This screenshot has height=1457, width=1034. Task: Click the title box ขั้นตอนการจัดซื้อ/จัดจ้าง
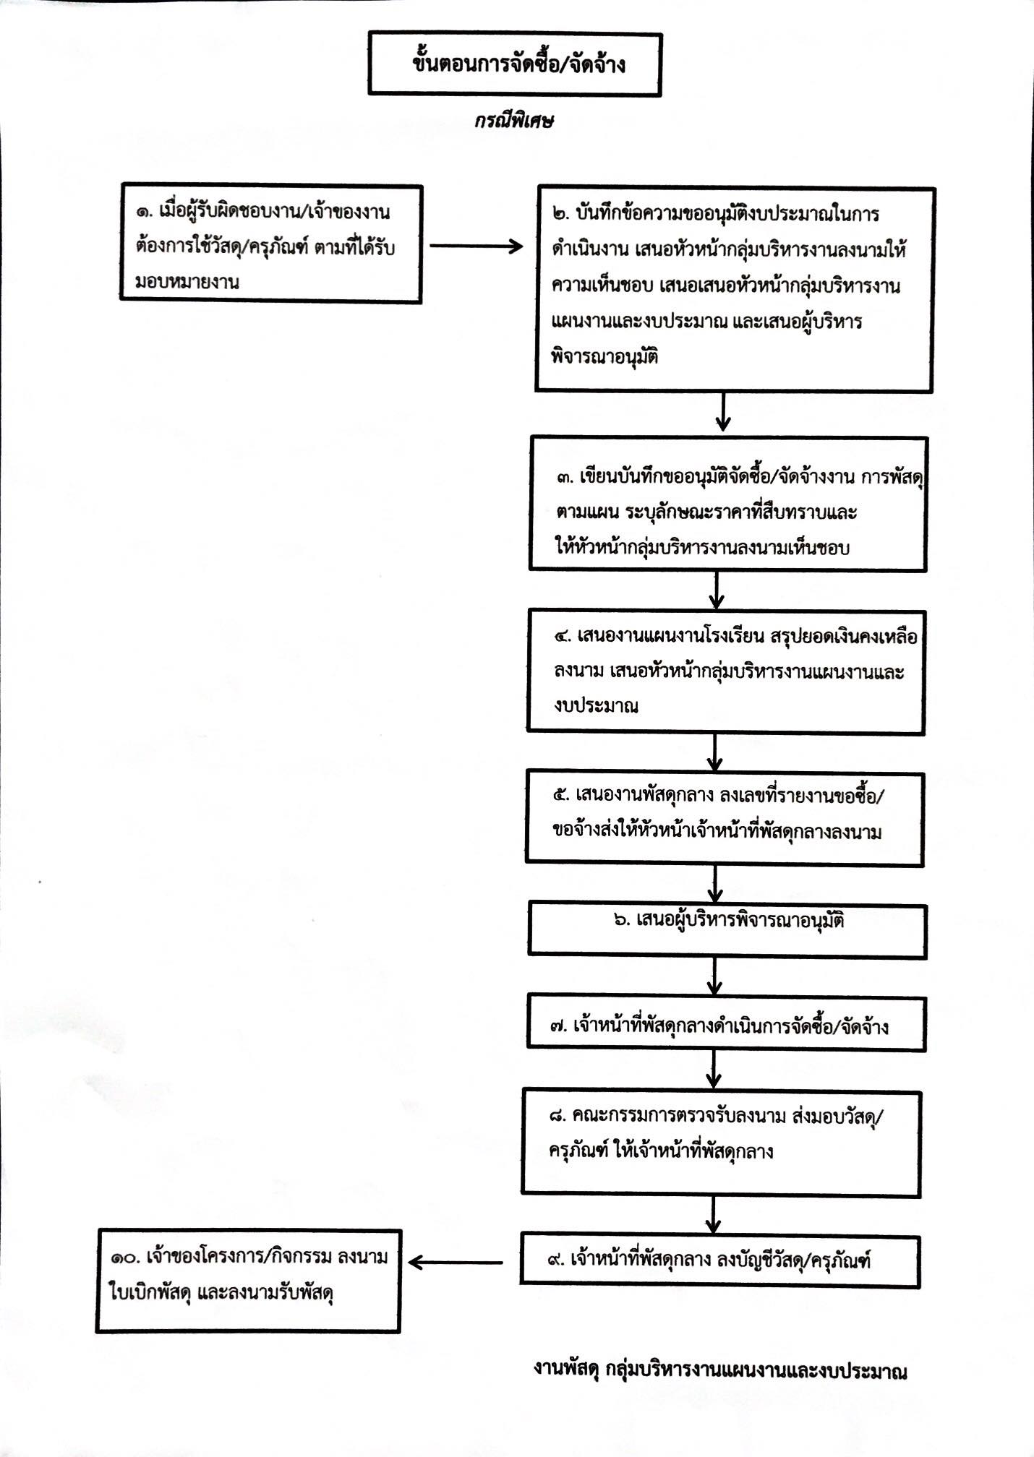click(x=514, y=64)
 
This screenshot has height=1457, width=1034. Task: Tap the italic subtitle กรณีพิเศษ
click(x=514, y=121)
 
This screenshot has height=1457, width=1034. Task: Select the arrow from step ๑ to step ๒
click(x=477, y=246)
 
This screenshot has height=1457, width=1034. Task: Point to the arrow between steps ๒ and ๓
click(x=722, y=413)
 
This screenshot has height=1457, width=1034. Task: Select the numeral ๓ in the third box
click(x=565, y=478)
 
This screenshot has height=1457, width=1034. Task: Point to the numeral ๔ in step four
click(x=563, y=637)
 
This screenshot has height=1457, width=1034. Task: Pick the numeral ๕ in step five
click(x=560, y=796)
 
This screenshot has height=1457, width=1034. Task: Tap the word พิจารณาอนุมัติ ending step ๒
click(x=604, y=357)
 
